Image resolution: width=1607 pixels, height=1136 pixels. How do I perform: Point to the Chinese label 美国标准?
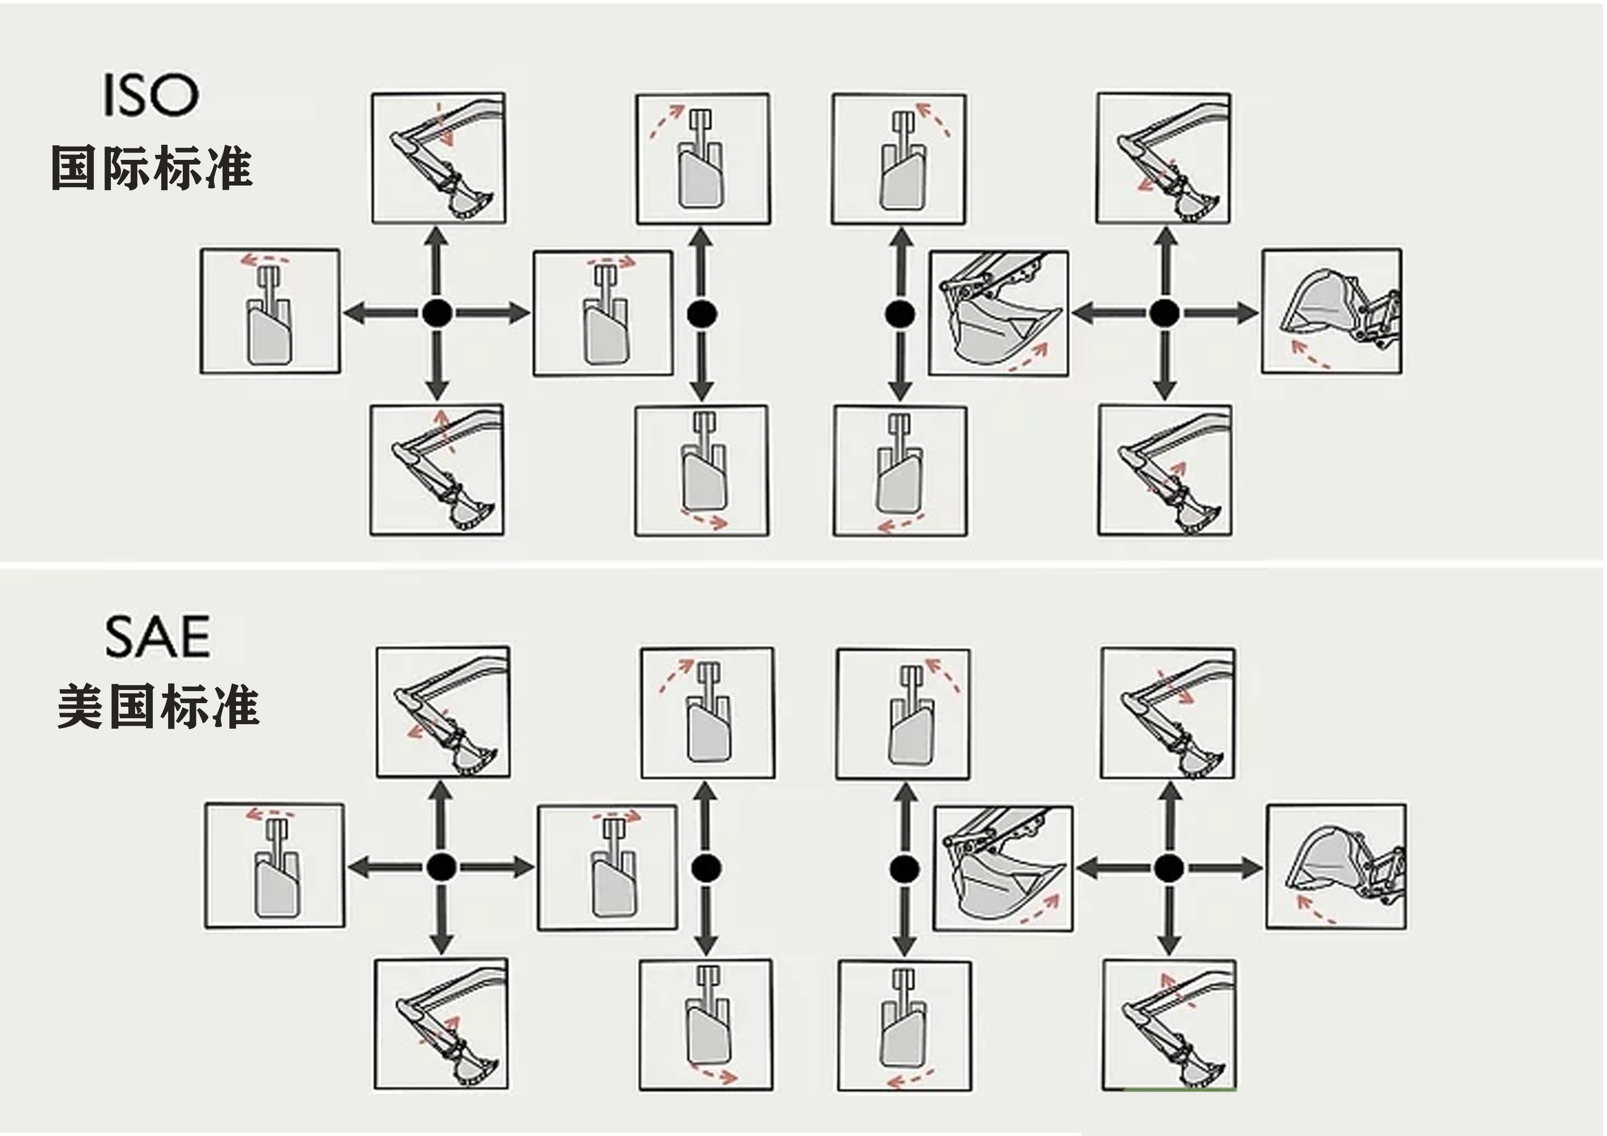tap(158, 707)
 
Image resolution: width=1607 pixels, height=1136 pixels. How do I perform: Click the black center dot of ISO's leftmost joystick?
tap(437, 313)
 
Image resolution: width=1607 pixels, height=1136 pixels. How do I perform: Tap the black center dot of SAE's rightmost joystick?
tap(1167, 868)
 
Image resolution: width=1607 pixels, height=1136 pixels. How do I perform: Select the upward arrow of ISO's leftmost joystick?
tap(437, 259)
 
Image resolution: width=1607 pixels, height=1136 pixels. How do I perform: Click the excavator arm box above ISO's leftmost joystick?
tap(439, 158)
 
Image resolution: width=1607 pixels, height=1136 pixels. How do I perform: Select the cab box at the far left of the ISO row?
tap(270, 311)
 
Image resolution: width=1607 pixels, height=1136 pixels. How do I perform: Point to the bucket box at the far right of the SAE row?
tap(1336, 867)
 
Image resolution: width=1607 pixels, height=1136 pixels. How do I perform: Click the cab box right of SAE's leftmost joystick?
tap(607, 867)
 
